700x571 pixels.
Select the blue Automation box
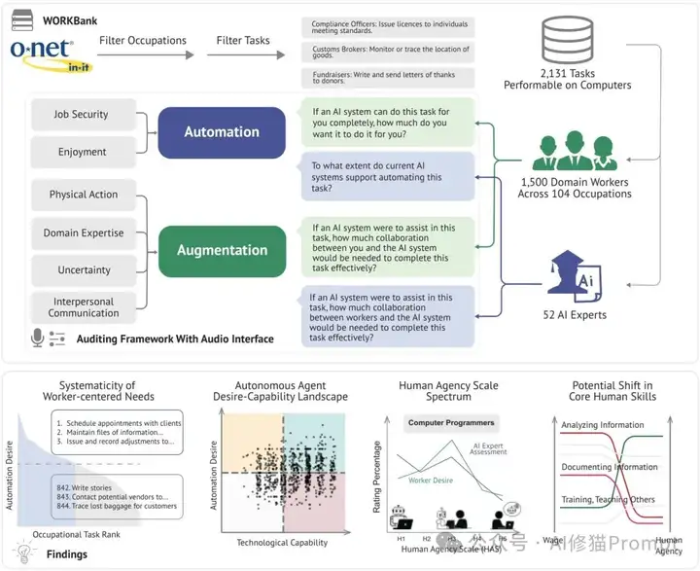click(222, 132)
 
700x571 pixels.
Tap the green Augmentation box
click(222, 250)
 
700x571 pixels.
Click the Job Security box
click(82, 115)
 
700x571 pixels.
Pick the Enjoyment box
click(82, 152)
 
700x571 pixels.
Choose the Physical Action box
click(84, 195)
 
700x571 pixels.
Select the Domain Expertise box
click(84, 233)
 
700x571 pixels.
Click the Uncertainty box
click(84, 270)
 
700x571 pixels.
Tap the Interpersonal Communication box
click(84, 306)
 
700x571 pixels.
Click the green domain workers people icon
click(568, 154)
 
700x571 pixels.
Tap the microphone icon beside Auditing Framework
click(38, 338)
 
